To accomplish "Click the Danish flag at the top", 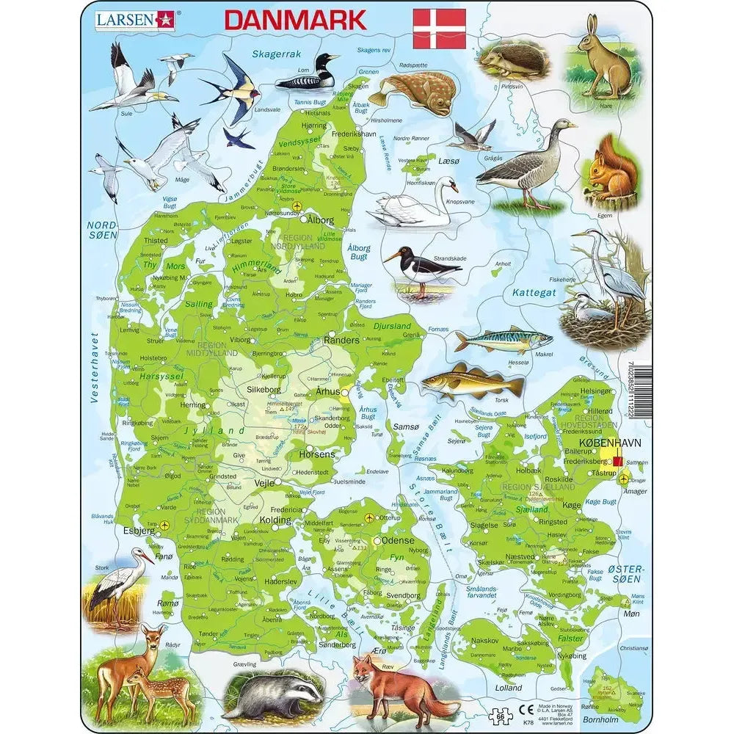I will tap(439, 29).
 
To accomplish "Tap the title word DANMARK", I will tap(295, 20).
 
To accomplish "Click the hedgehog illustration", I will tap(513, 57).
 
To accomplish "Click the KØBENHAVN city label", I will tap(610, 444).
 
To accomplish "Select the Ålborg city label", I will tap(319, 219).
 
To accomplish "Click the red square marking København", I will tap(617, 461).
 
